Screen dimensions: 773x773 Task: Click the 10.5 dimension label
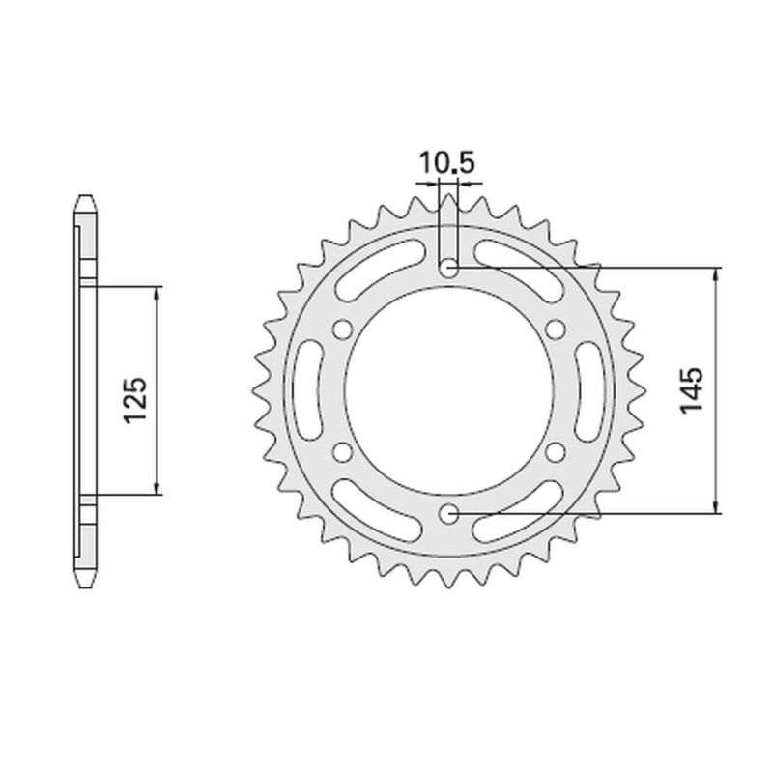point(446,163)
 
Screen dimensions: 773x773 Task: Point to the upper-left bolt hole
point(340,329)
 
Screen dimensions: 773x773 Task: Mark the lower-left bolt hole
point(340,451)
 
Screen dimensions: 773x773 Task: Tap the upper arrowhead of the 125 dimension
point(157,292)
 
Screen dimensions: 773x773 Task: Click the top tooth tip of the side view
point(85,197)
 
